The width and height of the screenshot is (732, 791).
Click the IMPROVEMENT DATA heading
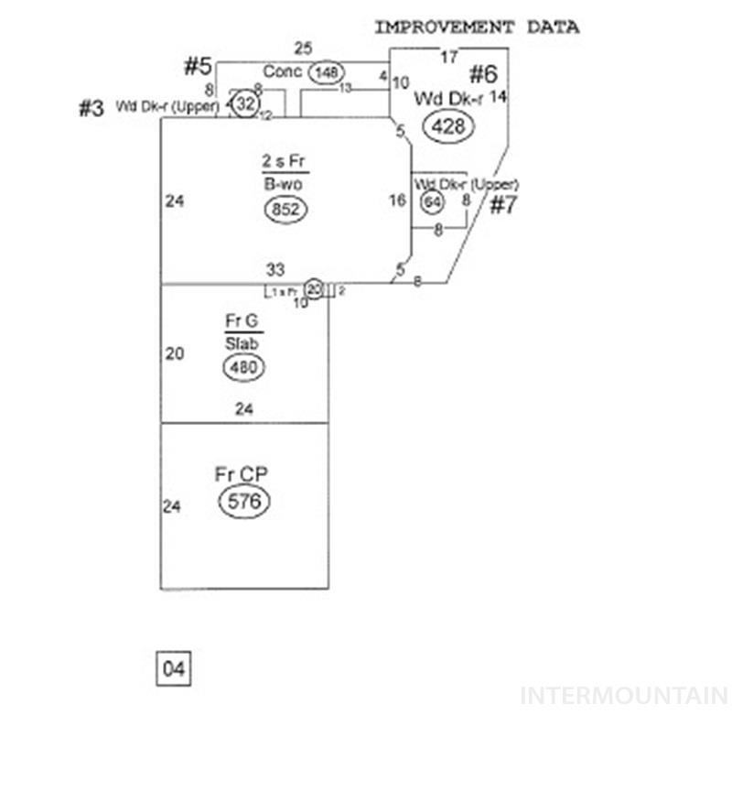pos(476,27)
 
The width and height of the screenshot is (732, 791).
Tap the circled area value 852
pos(285,210)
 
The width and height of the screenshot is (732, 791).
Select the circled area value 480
pos(243,368)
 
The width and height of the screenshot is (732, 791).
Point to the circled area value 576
pos(244,502)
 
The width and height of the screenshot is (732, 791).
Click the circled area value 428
pos(447,127)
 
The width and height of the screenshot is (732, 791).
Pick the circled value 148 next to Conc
pos(325,71)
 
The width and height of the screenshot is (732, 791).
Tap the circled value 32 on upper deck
pos(244,104)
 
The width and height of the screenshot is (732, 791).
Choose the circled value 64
pos(431,201)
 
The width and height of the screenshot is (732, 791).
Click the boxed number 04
pos(174,669)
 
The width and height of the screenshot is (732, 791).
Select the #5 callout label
pos(198,66)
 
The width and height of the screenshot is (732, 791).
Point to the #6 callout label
pos(483,75)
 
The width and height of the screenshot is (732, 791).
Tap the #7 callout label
pos(503,205)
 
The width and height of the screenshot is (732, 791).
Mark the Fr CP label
pos(242,474)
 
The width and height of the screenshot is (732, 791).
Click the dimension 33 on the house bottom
pos(275,270)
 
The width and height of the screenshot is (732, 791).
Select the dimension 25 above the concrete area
pos(303,48)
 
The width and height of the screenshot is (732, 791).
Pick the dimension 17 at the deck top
pos(448,58)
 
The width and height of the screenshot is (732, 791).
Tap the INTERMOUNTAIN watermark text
pos(624,696)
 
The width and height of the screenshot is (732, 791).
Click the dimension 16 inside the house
pos(397,200)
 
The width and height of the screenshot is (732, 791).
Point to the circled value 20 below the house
pos(314,289)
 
